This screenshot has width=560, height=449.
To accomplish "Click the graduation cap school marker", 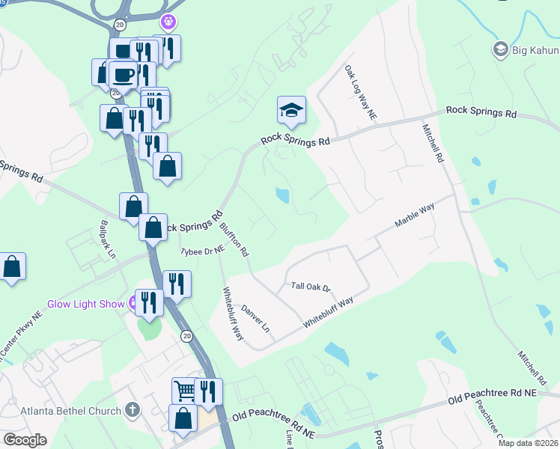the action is (x=291, y=111).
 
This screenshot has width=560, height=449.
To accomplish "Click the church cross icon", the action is (x=132, y=410).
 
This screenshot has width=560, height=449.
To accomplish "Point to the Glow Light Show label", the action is (x=85, y=304).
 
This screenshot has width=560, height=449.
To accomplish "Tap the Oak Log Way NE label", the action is (x=360, y=93).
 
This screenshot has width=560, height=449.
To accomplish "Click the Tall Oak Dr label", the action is (x=311, y=287).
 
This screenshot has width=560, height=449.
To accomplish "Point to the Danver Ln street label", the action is (x=255, y=319).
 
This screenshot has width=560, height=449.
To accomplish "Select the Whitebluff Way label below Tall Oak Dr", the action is (x=328, y=312).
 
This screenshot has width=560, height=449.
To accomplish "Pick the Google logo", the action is (x=25, y=440).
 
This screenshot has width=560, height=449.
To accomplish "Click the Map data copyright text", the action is (x=527, y=443).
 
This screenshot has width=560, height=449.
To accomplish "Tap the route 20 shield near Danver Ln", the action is (x=186, y=337).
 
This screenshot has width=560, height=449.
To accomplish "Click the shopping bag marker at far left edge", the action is (x=11, y=266).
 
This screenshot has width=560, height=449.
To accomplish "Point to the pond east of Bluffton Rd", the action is (x=282, y=195).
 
